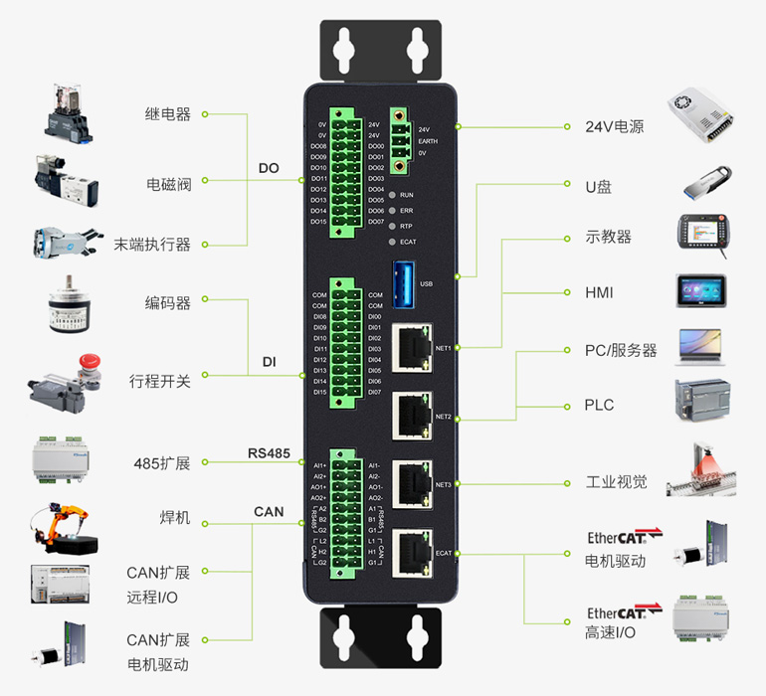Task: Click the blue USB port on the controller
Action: tap(404, 278)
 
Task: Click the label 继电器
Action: tap(167, 114)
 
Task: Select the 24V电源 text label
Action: tap(615, 127)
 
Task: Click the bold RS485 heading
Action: tap(269, 453)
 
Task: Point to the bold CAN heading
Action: tap(269, 512)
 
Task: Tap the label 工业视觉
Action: tap(616, 482)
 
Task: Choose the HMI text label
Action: tap(599, 293)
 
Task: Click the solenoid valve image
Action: tap(66, 179)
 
